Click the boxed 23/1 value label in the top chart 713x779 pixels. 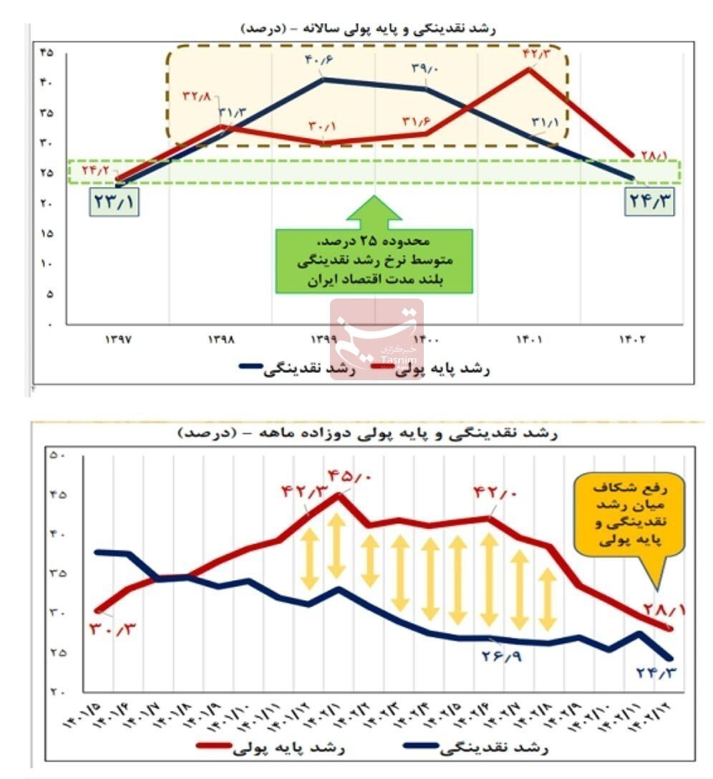click(x=113, y=201)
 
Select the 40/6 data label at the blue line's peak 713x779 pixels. click(x=319, y=60)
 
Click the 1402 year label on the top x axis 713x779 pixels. click(x=631, y=340)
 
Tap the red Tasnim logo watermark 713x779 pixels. click(x=377, y=337)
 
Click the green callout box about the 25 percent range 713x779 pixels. click(x=374, y=261)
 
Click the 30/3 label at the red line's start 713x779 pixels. click(x=113, y=629)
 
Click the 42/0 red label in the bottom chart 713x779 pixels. click(x=494, y=493)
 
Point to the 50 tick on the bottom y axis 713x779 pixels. click(x=57, y=455)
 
